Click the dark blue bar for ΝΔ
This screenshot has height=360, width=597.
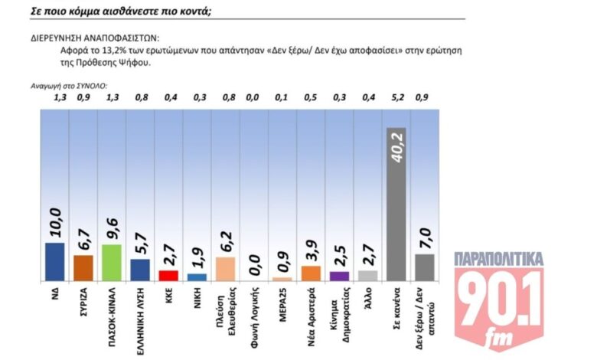pos(54,261)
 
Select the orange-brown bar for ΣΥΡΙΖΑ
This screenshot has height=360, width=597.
pos(83,267)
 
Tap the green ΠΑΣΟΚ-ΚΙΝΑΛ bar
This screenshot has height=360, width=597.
pos(111,262)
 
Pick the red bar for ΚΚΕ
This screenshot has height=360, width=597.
pos(168,275)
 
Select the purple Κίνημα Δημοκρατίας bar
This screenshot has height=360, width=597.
pos(338,276)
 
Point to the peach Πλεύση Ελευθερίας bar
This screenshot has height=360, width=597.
pos(225,268)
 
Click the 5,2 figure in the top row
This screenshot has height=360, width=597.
pos(396,97)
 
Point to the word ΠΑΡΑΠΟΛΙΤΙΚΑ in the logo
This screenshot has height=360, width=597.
pos(498,260)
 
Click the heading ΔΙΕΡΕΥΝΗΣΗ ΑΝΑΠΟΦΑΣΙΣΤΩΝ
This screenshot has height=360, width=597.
pos(94,37)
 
